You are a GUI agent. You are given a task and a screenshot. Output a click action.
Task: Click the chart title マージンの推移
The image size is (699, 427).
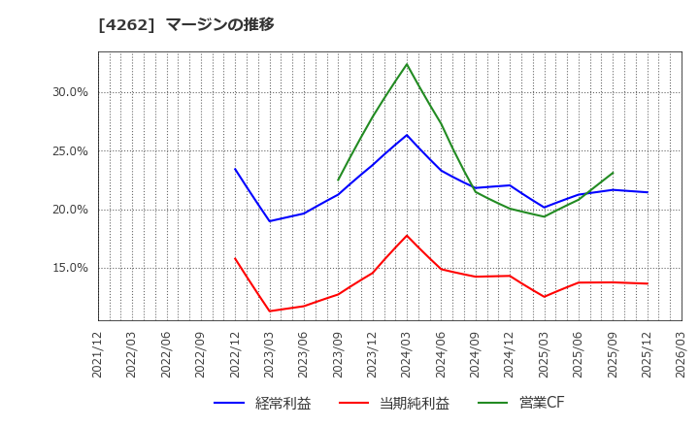click(x=219, y=24)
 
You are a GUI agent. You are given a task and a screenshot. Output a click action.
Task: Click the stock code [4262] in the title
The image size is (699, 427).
click(x=126, y=24)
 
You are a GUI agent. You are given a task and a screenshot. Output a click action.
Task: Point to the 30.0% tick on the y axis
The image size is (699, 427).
click(x=70, y=92)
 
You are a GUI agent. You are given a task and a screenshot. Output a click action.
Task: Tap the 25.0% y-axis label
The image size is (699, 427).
click(x=70, y=151)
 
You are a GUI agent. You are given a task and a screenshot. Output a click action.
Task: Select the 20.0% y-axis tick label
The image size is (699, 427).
click(x=70, y=210)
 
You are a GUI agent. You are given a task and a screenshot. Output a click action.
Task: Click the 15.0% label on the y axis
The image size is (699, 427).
click(x=70, y=268)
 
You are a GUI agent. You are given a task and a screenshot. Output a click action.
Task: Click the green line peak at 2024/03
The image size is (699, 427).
click(x=407, y=64)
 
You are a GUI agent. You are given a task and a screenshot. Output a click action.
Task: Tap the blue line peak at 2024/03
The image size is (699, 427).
click(x=407, y=135)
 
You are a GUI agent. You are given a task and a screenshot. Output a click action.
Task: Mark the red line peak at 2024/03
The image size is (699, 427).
click(x=407, y=235)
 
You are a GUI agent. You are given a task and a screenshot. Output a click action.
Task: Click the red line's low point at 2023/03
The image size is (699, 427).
click(x=270, y=312)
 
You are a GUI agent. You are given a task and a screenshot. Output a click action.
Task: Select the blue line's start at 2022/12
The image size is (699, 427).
click(x=235, y=169)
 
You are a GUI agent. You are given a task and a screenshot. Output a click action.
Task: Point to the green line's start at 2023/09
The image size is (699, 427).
click(x=338, y=180)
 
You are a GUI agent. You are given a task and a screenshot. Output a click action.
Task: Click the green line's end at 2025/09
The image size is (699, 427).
click(x=613, y=173)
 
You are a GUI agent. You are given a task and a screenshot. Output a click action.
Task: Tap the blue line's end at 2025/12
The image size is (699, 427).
click(x=648, y=192)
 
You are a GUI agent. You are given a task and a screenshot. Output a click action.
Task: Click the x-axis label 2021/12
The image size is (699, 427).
click(x=98, y=355)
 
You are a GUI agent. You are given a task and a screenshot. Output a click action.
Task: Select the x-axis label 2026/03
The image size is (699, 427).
click(x=682, y=355)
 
